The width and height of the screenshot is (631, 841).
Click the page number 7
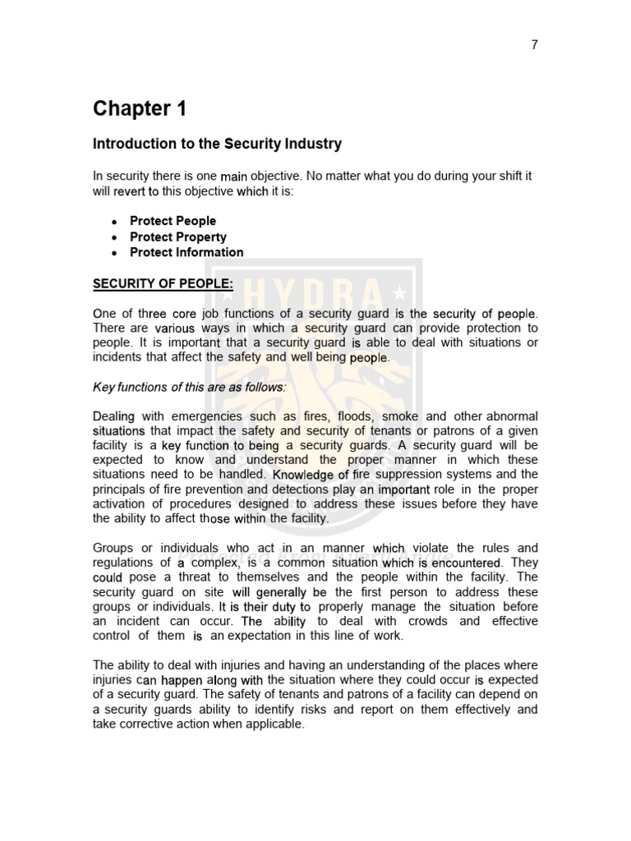coord(534,45)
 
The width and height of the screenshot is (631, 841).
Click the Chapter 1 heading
coord(140,108)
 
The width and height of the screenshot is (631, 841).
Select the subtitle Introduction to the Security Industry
coord(217,144)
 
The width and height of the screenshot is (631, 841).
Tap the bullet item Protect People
coord(173,221)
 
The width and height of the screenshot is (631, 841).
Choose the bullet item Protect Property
coord(177,237)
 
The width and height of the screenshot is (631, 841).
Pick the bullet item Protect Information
coord(187,252)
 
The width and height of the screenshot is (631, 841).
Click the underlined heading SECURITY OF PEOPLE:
coord(163,284)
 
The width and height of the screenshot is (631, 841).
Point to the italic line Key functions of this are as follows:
coord(190,387)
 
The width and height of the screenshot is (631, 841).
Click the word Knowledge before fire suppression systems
coord(304,475)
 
